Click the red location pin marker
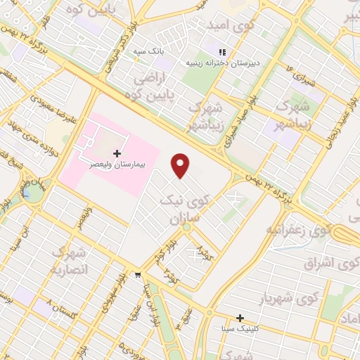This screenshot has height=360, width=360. coord(181,165)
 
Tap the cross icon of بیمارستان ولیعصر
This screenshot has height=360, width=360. coord(116,153)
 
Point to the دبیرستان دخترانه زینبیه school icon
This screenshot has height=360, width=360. coord(223,52)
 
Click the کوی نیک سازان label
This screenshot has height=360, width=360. coord(181,210)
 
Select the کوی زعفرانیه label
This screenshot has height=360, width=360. coord(298,230)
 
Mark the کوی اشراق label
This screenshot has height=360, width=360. coord(330,264)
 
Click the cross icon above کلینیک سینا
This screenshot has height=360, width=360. coord(240,319)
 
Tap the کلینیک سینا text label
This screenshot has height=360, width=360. coord(240,328)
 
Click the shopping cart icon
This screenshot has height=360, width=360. coord(139,275)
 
